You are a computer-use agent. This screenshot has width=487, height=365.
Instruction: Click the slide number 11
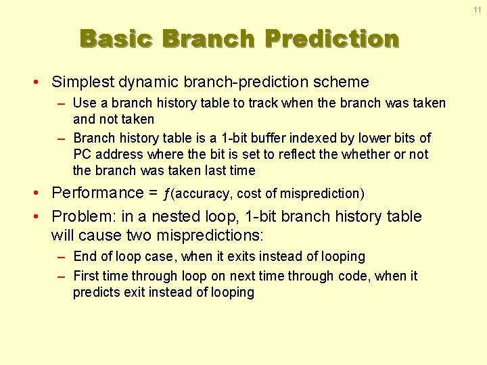point(477,10)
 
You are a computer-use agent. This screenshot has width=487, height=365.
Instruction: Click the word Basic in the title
point(116,39)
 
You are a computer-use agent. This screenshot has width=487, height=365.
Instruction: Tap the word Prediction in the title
point(332,39)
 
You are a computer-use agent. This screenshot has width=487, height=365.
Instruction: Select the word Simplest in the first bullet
point(83,82)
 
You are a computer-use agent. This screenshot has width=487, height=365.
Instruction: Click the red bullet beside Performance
point(36,193)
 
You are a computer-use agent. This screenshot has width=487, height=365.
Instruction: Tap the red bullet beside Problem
point(36,216)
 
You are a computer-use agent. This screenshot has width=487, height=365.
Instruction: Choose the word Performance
point(97,193)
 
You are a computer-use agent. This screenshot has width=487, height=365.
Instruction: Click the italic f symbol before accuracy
point(166,194)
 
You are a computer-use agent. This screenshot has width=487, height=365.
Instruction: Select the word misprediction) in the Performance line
point(322,194)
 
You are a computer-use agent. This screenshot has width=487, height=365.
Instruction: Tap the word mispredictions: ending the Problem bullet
point(210,236)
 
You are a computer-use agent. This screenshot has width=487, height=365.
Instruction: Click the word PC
point(82,154)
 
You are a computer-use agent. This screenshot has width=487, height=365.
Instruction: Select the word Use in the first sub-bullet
point(85,103)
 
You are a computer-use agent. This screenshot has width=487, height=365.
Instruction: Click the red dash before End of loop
point(61,258)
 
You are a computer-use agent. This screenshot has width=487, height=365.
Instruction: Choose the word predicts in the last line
point(97,293)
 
